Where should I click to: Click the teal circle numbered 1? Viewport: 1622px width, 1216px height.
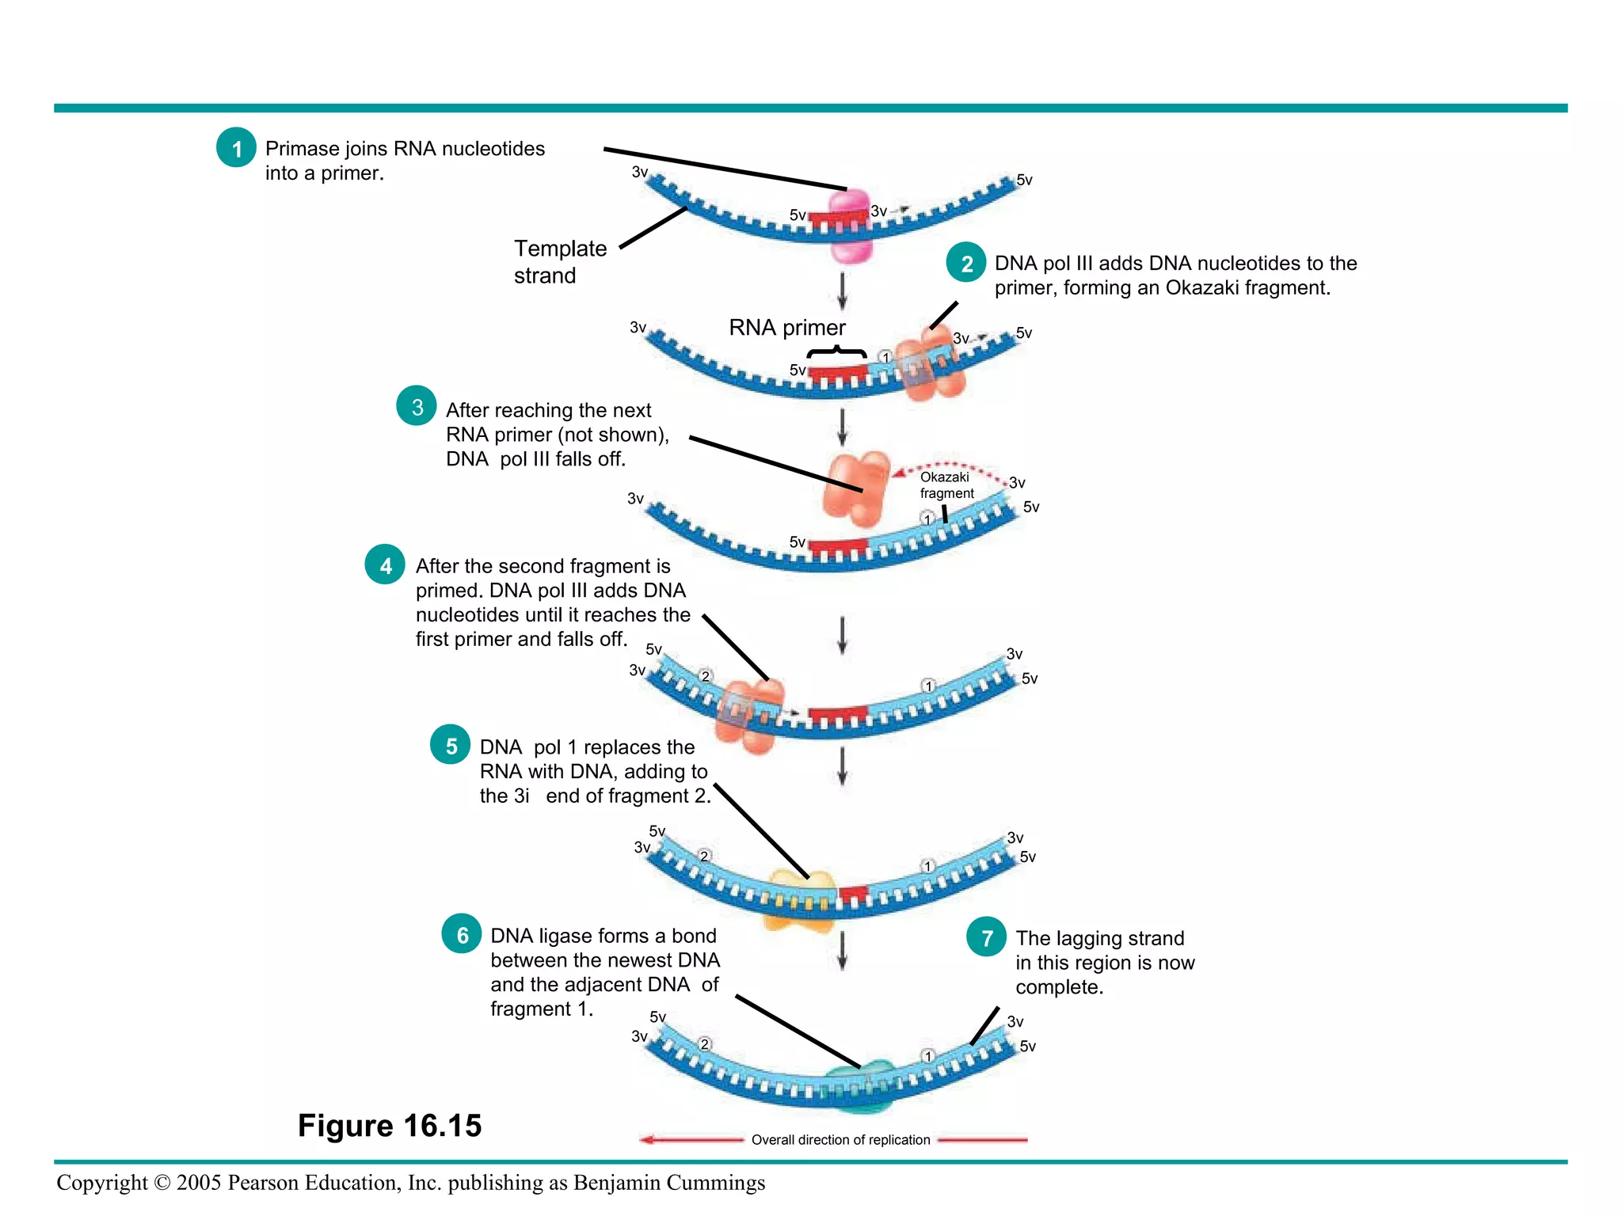click(x=236, y=147)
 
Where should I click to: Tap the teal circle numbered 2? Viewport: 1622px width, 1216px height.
click(x=966, y=263)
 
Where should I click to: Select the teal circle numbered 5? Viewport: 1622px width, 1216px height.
click(x=451, y=745)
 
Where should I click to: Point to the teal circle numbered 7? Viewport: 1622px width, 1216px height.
click(x=987, y=937)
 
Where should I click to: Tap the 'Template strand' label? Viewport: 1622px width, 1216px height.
click(x=559, y=261)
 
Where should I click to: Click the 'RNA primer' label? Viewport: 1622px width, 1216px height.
click(x=786, y=327)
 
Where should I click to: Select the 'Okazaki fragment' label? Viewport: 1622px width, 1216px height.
click(x=946, y=484)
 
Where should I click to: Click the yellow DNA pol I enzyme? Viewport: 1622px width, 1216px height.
click(x=801, y=899)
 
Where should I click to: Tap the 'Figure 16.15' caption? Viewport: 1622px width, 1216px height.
click(x=389, y=1125)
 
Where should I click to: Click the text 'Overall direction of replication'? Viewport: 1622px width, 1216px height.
click(x=840, y=1140)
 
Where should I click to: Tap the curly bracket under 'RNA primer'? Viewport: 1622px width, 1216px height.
click(x=836, y=352)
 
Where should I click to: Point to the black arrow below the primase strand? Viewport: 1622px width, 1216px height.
click(x=842, y=291)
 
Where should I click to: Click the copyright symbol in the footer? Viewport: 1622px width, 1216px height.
click(x=162, y=1183)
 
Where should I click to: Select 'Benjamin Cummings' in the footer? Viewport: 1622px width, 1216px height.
click(x=668, y=1183)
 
